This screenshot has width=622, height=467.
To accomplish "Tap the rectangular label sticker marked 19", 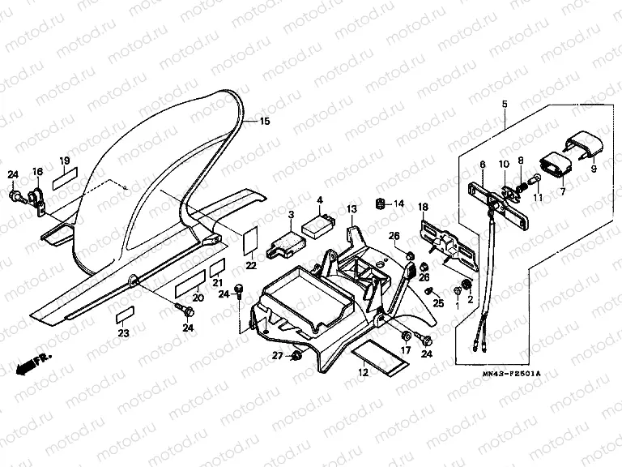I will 65,178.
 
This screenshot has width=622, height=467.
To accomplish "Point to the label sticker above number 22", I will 250,241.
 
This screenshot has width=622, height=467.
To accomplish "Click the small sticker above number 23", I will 123,315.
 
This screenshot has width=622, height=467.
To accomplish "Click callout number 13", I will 351,209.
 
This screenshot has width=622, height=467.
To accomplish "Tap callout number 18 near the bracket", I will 422,208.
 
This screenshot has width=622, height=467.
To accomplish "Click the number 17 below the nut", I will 406,350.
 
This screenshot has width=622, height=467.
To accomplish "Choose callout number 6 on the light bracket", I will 482,165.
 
